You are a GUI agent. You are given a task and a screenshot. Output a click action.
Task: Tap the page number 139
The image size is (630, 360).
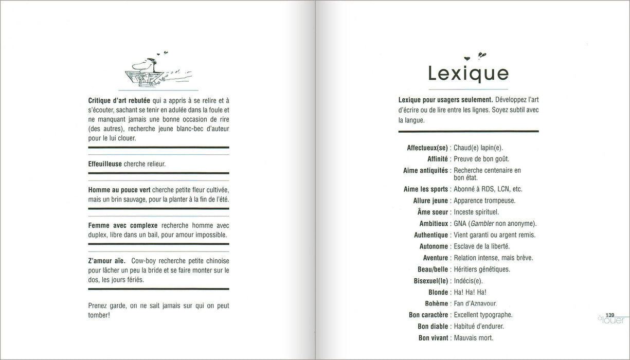610,315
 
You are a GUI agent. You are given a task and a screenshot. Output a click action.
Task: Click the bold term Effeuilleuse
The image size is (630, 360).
105,164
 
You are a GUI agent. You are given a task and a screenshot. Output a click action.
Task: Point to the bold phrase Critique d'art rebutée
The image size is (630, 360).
119,101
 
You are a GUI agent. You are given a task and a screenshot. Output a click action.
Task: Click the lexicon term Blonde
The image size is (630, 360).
438,292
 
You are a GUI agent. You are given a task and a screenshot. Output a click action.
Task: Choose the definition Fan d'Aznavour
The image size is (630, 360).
475,303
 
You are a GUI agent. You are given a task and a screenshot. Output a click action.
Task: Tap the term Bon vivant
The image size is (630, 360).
433,338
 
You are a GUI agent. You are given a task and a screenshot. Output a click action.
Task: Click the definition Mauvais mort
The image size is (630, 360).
473,338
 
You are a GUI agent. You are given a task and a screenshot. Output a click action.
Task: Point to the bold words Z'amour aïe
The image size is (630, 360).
107,261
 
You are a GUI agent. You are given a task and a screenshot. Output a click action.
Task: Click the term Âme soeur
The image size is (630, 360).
431,212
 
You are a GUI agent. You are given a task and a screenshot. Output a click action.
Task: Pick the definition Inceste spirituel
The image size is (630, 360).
476,212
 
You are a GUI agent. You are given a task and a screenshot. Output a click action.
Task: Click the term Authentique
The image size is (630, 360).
431,235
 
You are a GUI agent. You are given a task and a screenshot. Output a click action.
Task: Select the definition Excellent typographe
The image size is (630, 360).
483,315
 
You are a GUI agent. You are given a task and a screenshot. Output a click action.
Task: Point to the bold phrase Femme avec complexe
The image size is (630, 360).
123,225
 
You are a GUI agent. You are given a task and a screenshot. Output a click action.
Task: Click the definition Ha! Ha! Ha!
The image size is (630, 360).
470,292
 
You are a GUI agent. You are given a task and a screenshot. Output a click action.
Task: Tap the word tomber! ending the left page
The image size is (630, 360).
99,315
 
